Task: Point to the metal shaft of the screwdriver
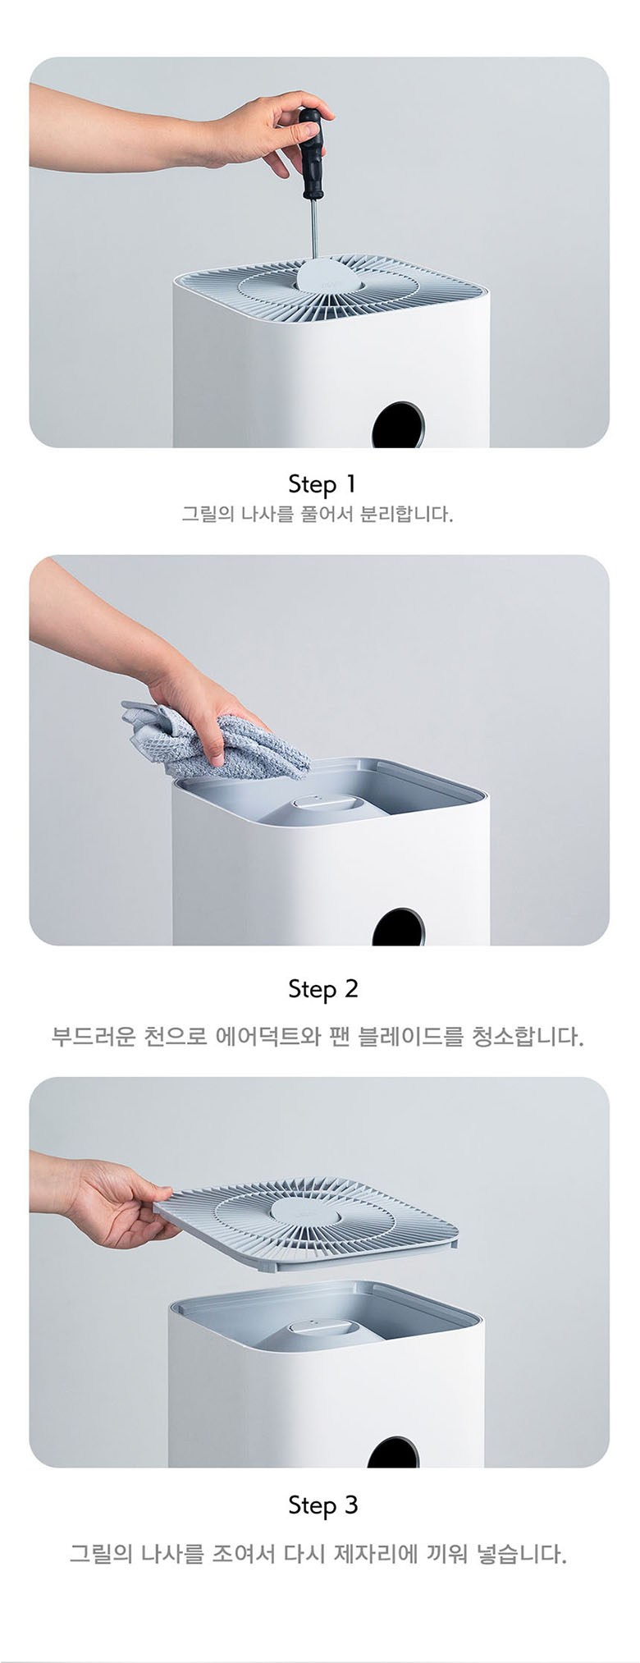click(313, 229)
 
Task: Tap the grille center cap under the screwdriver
click(329, 275)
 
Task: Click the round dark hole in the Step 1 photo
click(399, 425)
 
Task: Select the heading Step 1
click(322, 484)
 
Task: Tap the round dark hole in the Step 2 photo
click(399, 928)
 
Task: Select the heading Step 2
click(323, 990)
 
